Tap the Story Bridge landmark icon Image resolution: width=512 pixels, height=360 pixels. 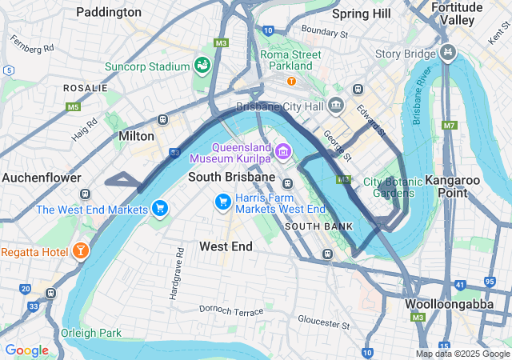[448, 54]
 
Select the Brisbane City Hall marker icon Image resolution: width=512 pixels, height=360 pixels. [336, 106]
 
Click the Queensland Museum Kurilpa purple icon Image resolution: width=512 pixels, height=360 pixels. [282, 151]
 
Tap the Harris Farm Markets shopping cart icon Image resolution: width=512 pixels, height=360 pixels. [222, 203]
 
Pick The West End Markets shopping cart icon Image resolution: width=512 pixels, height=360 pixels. [160, 209]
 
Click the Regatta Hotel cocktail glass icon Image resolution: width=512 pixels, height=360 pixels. [80, 252]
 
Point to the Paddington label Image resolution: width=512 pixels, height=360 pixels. [109, 12]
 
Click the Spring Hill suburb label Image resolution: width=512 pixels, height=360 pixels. [361, 14]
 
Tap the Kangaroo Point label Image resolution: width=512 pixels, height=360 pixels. [452, 180]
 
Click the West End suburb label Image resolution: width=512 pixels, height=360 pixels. [226, 246]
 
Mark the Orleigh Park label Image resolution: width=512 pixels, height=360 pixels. [91, 333]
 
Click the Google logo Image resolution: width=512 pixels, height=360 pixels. [26, 350]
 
